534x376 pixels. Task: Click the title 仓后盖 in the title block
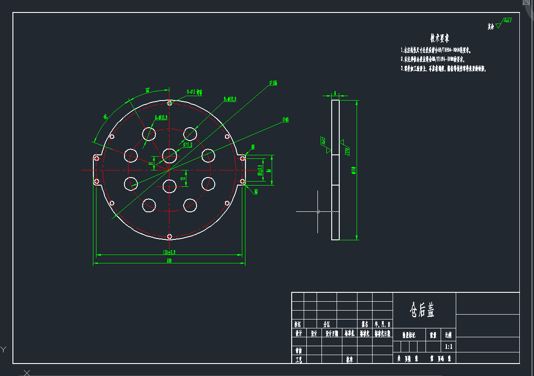pyautogui.click(x=422, y=311)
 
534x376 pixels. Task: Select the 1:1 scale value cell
pyautogui.click(x=448, y=346)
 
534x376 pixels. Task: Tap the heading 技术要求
pyautogui.click(x=442, y=38)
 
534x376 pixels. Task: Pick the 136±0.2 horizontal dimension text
pyautogui.click(x=169, y=252)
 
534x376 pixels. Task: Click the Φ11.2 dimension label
pyautogui.click(x=187, y=145)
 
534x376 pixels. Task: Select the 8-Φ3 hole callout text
pyautogui.click(x=194, y=92)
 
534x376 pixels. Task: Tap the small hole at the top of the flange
pyautogui.click(x=169, y=103)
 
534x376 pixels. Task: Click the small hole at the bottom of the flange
pyautogui.click(x=169, y=236)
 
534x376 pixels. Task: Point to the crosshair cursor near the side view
pyautogui.click(x=317, y=212)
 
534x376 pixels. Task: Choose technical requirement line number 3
pyautogui.click(x=443, y=69)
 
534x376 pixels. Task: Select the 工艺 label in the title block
pyautogui.click(x=299, y=359)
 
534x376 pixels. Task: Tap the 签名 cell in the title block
pyautogui.click(x=365, y=324)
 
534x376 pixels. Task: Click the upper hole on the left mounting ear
pyautogui.click(x=96, y=158)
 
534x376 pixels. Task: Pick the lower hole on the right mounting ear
pyautogui.click(x=242, y=181)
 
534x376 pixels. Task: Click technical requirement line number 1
pyautogui.click(x=436, y=50)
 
